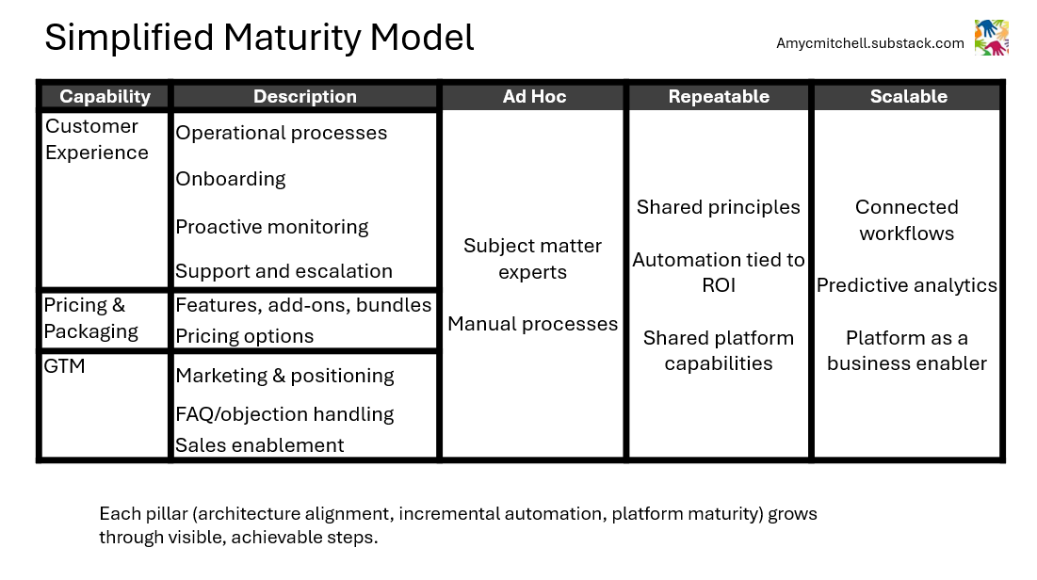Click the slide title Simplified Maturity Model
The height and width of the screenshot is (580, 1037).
pyautogui.click(x=259, y=38)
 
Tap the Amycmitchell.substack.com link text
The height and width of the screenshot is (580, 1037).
pyautogui.click(x=870, y=43)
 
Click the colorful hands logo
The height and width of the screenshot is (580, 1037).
pyautogui.click(x=991, y=38)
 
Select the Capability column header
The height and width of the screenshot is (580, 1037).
pyautogui.click(x=105, y=96)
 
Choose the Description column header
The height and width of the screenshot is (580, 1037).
pyautogui.click(x=305, y=96)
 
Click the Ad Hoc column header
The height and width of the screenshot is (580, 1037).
pyautogui.click(x=534, y=96)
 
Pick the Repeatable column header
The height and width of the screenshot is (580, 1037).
pyautogui.click(x=719, y=96)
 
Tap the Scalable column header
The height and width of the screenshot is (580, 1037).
pyautogui.click(x=908, y=96)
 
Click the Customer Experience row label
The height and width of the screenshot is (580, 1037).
pyautogui.click(x=97, y=139)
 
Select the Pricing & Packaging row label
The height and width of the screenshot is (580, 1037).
pyautogui.click(x=91, y=318)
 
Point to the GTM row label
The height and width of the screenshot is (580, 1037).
pyautogui.click(x=65, y=366)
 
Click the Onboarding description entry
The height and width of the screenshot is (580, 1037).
pyautogui.click(x=231, y=179)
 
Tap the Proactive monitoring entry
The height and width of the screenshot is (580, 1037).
pyautogui.click(x=272, y=227)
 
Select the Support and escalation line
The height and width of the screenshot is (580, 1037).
pyautogui.click(x=284, y=271)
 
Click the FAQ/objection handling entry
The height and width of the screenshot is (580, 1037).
pyautogui.click(x=284, y=414)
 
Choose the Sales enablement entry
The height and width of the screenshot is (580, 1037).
pyautogui.click(x=260, y=445)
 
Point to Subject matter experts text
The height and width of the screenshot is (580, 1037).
pyautogui.click(x=532, y=259)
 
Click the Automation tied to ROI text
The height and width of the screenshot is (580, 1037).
pyautogui.click(x=719, y=272)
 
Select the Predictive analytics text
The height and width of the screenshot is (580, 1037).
pyautogui.click(x=907, y=285)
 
